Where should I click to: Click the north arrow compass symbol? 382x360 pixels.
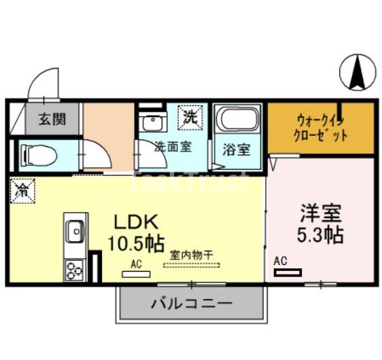[357, 71]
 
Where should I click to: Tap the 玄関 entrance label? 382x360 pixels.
[51, 120]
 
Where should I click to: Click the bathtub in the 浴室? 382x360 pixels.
[237, 122]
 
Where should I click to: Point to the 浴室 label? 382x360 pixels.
[237, 149]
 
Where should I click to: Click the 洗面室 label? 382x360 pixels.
[172, 145]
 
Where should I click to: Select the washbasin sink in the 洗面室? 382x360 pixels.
[151, 123]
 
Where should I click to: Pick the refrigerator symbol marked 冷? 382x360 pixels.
[21, 188]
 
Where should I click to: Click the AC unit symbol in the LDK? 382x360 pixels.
[136, 274]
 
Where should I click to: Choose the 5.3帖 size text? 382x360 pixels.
[321, 235]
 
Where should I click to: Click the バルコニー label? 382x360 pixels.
[191, 303]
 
